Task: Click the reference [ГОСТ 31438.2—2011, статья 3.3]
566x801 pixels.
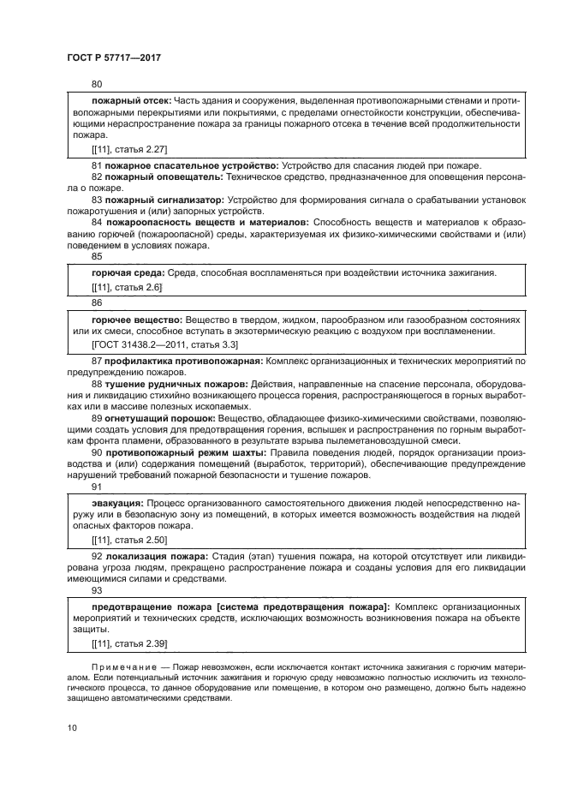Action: click(x=164, y=345)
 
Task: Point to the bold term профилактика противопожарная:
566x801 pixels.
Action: click(x=182, y=362)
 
